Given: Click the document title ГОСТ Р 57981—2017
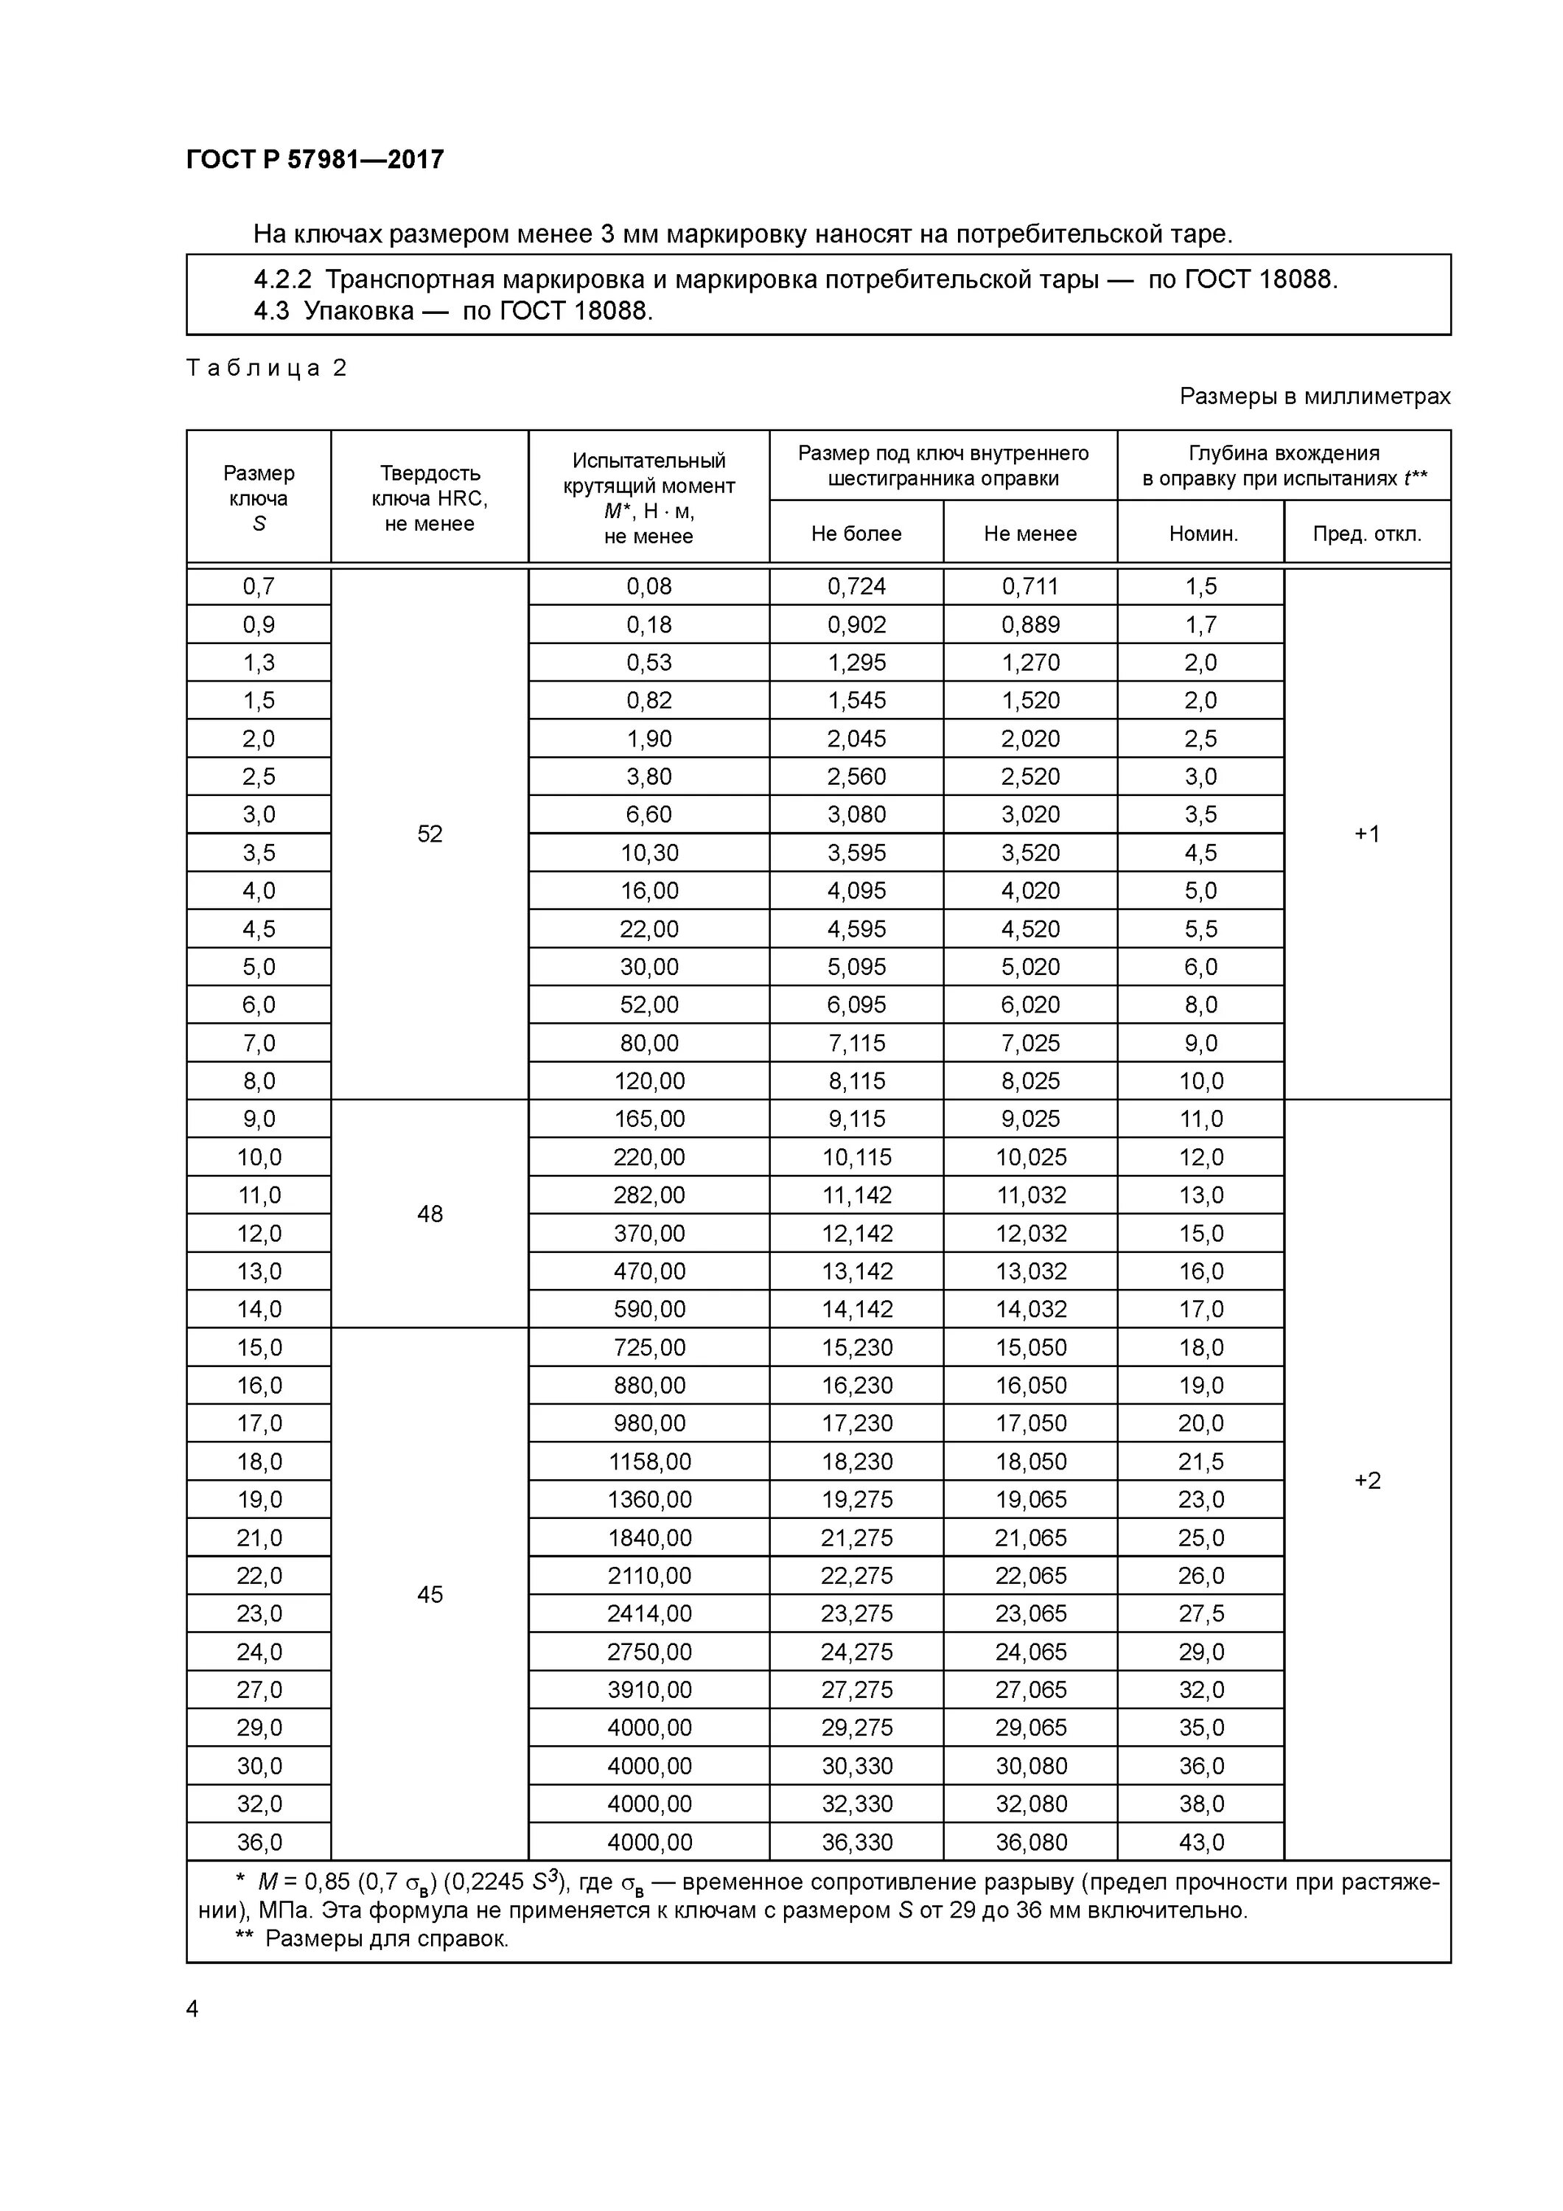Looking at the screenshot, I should tap(315, 160).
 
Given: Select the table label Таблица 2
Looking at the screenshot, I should tap(266, 368).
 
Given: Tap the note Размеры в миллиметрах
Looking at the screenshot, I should tap(1315, 396).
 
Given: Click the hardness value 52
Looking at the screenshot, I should tap(430, 834).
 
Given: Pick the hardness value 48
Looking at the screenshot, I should tap(430, 1215).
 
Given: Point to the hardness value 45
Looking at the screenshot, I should tap(430, 1595).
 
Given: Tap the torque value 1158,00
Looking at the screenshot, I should tap(649, 1461).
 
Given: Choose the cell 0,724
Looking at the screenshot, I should tap(856, 587).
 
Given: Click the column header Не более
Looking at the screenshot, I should tap(856, 534).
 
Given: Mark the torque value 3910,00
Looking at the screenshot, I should tap(649, 1690).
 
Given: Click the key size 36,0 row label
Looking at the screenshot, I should tap(259, 1842).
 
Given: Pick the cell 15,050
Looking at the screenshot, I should tap(1030, 1347).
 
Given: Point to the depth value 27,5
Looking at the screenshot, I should tap(1201, 1614).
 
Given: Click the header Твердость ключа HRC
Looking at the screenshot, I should tap(430, 498).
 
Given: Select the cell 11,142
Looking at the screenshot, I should tap(856, 1195).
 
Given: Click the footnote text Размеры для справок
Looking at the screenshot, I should tap(386, 1938).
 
